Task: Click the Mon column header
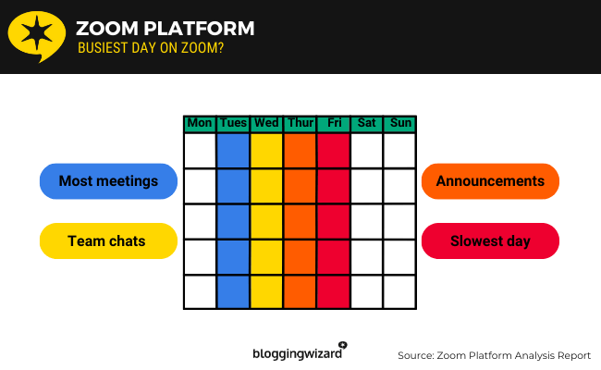click(200, 123)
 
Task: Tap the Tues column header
click(233, 123)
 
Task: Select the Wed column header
click(266, 123)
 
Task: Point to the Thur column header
click(300, 123)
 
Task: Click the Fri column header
click(333, 123)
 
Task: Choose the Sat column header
click(366, 123)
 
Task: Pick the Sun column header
click(399, 123)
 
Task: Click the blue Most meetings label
click(108, 181)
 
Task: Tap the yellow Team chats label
click(108, 241)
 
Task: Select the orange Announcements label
click(490, 181)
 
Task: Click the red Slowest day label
click(490, 241)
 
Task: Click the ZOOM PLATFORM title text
click(165, 29)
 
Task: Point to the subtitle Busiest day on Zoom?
click(150, 49)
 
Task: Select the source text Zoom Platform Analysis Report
click(494, 355)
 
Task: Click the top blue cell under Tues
click(233, 151)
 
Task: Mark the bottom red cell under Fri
click(333, 291)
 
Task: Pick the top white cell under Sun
click(399, 151)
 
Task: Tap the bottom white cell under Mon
click(200, 291)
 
